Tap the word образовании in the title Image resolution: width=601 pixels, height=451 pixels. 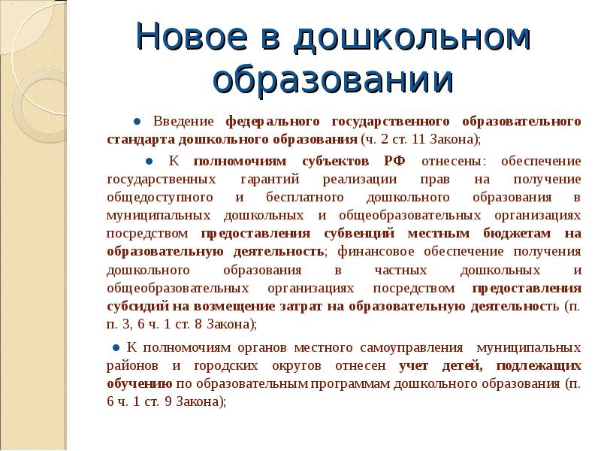(334, 80)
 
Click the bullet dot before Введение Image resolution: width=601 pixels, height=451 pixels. (138, 122)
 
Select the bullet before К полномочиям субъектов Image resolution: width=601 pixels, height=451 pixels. (149, 162)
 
